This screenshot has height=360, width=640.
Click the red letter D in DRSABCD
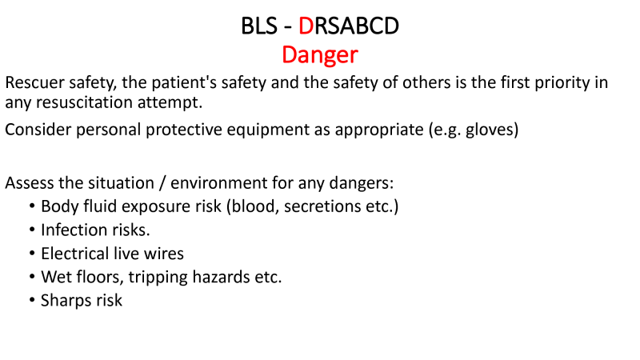pyautogui.click(x=306, y=26)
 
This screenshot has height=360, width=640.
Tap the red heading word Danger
pyautogui.click(x=320, y=55)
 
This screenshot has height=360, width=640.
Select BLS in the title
pyautogui.click(x=259, y=26)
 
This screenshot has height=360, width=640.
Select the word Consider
pyautogui.click(x=38, y=130)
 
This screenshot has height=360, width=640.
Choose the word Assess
pyautogui.click(x=29, y=183)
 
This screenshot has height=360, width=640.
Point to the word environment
pyautogui.click(x=218, y=183)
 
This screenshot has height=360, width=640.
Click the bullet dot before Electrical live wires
pyautogui.click(x=33, y=253)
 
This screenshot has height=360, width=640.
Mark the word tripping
pyautogui.click(x=158, y=278)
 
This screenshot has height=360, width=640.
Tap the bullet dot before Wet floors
pyautogui.click(x=33, y=276)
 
